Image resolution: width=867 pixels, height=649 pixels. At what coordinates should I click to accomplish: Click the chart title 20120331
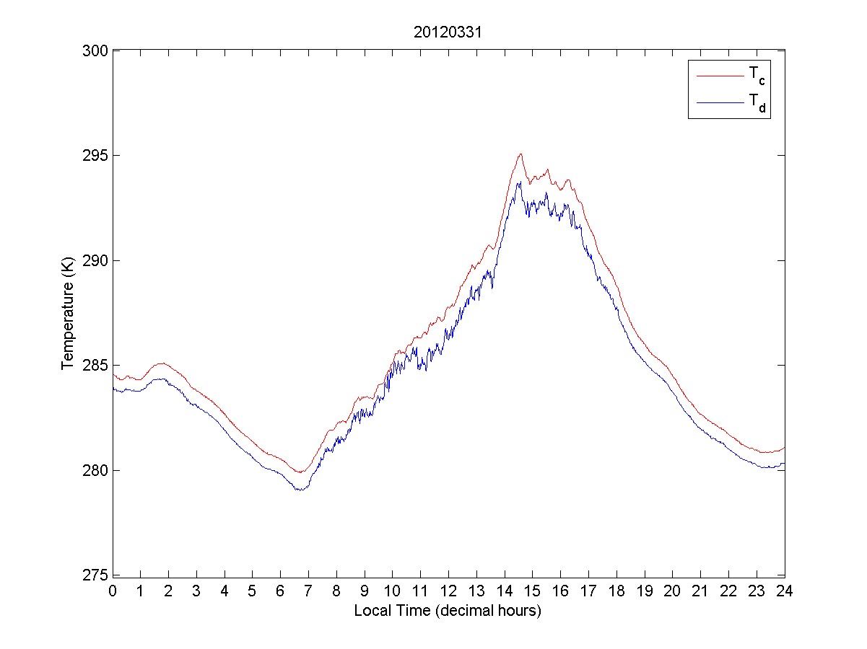coord(448,33)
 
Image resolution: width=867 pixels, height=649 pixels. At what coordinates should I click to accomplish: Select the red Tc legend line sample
coord(719,75)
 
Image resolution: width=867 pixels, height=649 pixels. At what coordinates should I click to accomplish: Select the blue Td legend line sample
coord(719,103)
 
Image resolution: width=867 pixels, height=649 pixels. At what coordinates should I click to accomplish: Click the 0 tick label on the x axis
coord(113,590)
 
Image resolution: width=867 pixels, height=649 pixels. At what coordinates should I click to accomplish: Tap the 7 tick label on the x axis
coord(308,590)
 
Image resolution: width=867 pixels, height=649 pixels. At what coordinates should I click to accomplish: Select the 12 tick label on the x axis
coord(448,590)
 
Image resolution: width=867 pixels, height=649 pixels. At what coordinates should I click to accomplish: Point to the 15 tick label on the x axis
coord(532,590)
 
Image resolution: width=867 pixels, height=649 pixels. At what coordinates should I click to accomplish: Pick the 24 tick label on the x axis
coord(784,590)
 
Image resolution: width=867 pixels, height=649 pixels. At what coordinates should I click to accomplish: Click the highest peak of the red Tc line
coord(520,154)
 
